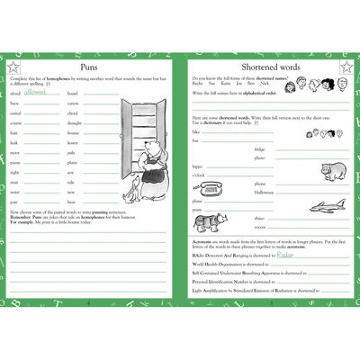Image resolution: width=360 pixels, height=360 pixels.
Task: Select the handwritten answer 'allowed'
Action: [35, 91]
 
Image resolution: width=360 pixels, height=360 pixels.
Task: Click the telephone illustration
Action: [211, 190]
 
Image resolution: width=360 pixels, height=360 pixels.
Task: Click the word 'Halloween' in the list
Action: [265, 193]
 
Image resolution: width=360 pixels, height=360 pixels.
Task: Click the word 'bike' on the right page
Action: [196, 130]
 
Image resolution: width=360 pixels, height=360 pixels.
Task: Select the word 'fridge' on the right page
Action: [259, 148]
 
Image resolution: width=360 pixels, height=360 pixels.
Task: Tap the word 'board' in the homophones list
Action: [73, 93]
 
